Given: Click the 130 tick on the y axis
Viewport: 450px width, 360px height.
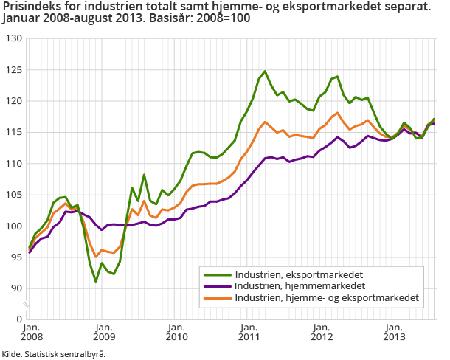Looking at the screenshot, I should (13, 38).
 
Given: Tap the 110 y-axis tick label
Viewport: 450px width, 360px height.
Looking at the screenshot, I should (13, 164).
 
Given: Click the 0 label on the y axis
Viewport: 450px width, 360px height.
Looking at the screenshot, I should (18, 319).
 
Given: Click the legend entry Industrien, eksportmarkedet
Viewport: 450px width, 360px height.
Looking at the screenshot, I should (299, 275).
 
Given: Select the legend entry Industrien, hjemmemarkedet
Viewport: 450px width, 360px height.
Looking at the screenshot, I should (298, 286).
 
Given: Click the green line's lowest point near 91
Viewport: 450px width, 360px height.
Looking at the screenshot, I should (96, 281).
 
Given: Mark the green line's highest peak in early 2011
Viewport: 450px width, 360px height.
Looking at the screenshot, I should (265, 72).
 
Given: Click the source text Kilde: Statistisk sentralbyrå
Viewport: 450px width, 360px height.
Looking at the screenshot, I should (53, 354).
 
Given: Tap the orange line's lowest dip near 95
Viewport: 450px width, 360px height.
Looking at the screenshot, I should (96, 257).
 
